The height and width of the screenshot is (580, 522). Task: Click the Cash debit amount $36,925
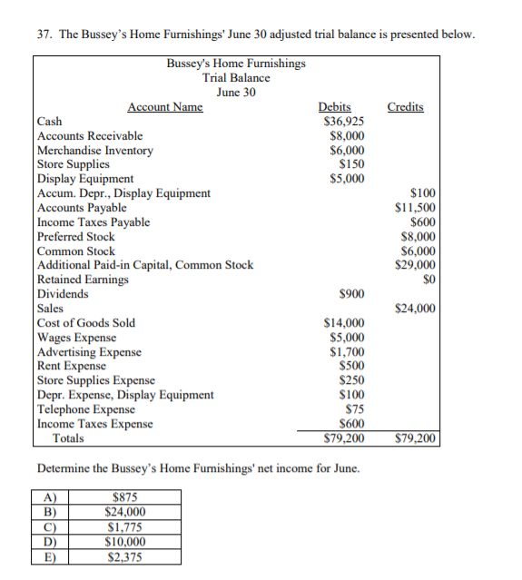point(345,121)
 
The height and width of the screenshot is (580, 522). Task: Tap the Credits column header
point(405,107)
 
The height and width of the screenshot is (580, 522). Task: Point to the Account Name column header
point(165,107)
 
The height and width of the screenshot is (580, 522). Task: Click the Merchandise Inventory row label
point(95,150)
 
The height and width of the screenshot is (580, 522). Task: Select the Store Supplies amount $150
point(352,164)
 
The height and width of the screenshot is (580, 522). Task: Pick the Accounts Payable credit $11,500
point(416,208)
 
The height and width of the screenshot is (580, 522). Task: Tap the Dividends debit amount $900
point(352,294)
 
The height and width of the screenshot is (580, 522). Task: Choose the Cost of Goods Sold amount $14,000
point(345,322)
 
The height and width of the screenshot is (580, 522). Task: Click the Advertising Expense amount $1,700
point(348,351)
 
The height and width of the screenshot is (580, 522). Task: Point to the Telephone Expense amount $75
point(355,409)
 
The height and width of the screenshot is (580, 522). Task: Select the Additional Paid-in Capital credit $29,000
point(416,265)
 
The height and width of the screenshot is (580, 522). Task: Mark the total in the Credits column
point(416,439)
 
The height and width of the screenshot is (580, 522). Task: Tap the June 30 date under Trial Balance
point(236,92)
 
